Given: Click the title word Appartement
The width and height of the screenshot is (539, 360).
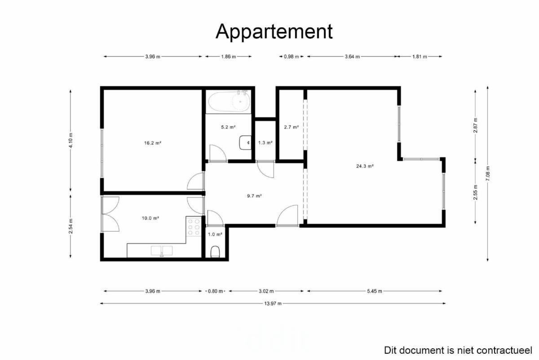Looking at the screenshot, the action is pyautogui.click(x=274, y=31).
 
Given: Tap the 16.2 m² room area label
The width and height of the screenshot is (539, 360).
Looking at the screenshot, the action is pyautogui.click(x=153, y=143).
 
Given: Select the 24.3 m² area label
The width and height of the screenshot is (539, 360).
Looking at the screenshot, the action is pyautogui.click(x=365, y=166).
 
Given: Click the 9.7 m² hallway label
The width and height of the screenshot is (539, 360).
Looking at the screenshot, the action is pyautogui.click(x=254, y=196).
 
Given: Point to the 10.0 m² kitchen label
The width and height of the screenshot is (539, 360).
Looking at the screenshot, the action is pyautogui.click(x=150, y=218).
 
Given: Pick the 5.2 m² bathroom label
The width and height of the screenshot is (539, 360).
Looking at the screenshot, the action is pyautogui.click(x=228, y=127).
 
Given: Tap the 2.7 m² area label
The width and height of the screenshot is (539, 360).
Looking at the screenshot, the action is pyautogui.click(x=291, y=127).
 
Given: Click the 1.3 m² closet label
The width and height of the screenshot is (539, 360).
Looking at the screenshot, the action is pyautogui.click(x=265, y=143).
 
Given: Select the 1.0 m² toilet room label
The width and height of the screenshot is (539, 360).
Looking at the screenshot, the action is pyautogui.click(x=215, y=234).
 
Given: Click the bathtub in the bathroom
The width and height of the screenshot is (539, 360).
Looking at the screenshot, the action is pyautogui.click(x=229, y=102).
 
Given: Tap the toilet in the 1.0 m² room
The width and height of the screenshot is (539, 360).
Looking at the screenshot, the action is pyautogui.click(x=215, y=252).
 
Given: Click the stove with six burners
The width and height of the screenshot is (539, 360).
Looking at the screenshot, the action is pyautogui.click(x=194, y=227).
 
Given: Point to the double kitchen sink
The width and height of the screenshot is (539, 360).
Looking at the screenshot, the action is pyautogui.click(x=162, y=251).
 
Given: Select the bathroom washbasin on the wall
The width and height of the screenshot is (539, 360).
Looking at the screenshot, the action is pyautogui.click(x=245, y=142).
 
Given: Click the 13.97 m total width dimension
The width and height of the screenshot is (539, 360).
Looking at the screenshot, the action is pyautogui.click(x=273, y=303).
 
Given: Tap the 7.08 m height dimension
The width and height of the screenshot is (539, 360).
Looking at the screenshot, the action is pyautogui.click(x=487, y=173).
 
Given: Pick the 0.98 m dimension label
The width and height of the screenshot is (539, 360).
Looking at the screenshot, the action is pyautogui.click(x=291, y=57).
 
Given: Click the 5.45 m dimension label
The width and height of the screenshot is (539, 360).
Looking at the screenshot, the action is pyautogui.click(x=375, y=291).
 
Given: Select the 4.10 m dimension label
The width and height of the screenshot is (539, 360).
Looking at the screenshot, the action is pyautogui.click(x=71, y=140).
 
